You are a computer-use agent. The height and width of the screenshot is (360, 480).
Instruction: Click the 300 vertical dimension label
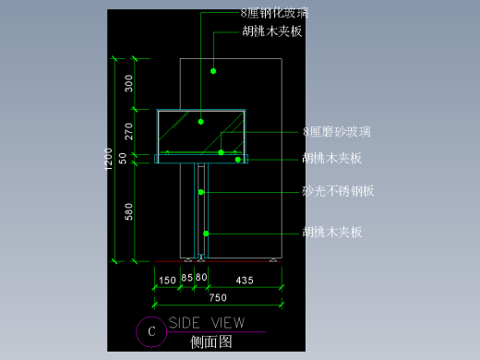(x=129, y=84)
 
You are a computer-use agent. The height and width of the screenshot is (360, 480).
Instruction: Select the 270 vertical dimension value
(x=129, y=130)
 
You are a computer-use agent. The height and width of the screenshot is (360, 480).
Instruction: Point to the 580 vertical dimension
(x=129, y=212)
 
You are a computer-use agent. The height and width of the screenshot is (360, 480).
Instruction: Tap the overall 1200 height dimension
(x=110, y=160)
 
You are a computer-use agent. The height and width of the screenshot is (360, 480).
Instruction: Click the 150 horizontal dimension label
(x=167, y=279)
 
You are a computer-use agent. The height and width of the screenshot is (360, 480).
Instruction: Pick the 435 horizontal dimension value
(x=245, y=279)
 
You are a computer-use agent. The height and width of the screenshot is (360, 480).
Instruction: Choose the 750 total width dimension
(x=217, y=297)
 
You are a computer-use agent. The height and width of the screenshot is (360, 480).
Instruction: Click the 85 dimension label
(x=186, y=279)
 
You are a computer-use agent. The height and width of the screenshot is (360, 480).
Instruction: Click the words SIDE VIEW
(x=207, y=323)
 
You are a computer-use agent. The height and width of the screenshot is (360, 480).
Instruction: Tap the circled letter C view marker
(x=150, y=330)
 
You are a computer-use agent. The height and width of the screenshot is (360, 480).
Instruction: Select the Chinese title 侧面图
(x=210, y=342)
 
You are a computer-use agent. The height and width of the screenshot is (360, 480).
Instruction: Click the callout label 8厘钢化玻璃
(x=273, y=13)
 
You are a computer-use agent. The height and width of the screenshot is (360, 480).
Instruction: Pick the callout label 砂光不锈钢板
(x=338, y=192)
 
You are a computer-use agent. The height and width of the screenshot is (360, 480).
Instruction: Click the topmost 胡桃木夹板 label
(x=273, y=31)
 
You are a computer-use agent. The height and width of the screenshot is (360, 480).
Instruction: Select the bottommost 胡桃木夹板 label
(x=331, y=233)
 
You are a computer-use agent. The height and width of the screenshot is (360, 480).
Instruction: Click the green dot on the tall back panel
(x=212, y=70)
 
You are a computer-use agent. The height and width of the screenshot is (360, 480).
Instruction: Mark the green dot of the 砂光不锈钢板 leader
(x=201, y=192)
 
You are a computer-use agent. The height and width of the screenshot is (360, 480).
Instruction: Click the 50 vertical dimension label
(x=129, y=157)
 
